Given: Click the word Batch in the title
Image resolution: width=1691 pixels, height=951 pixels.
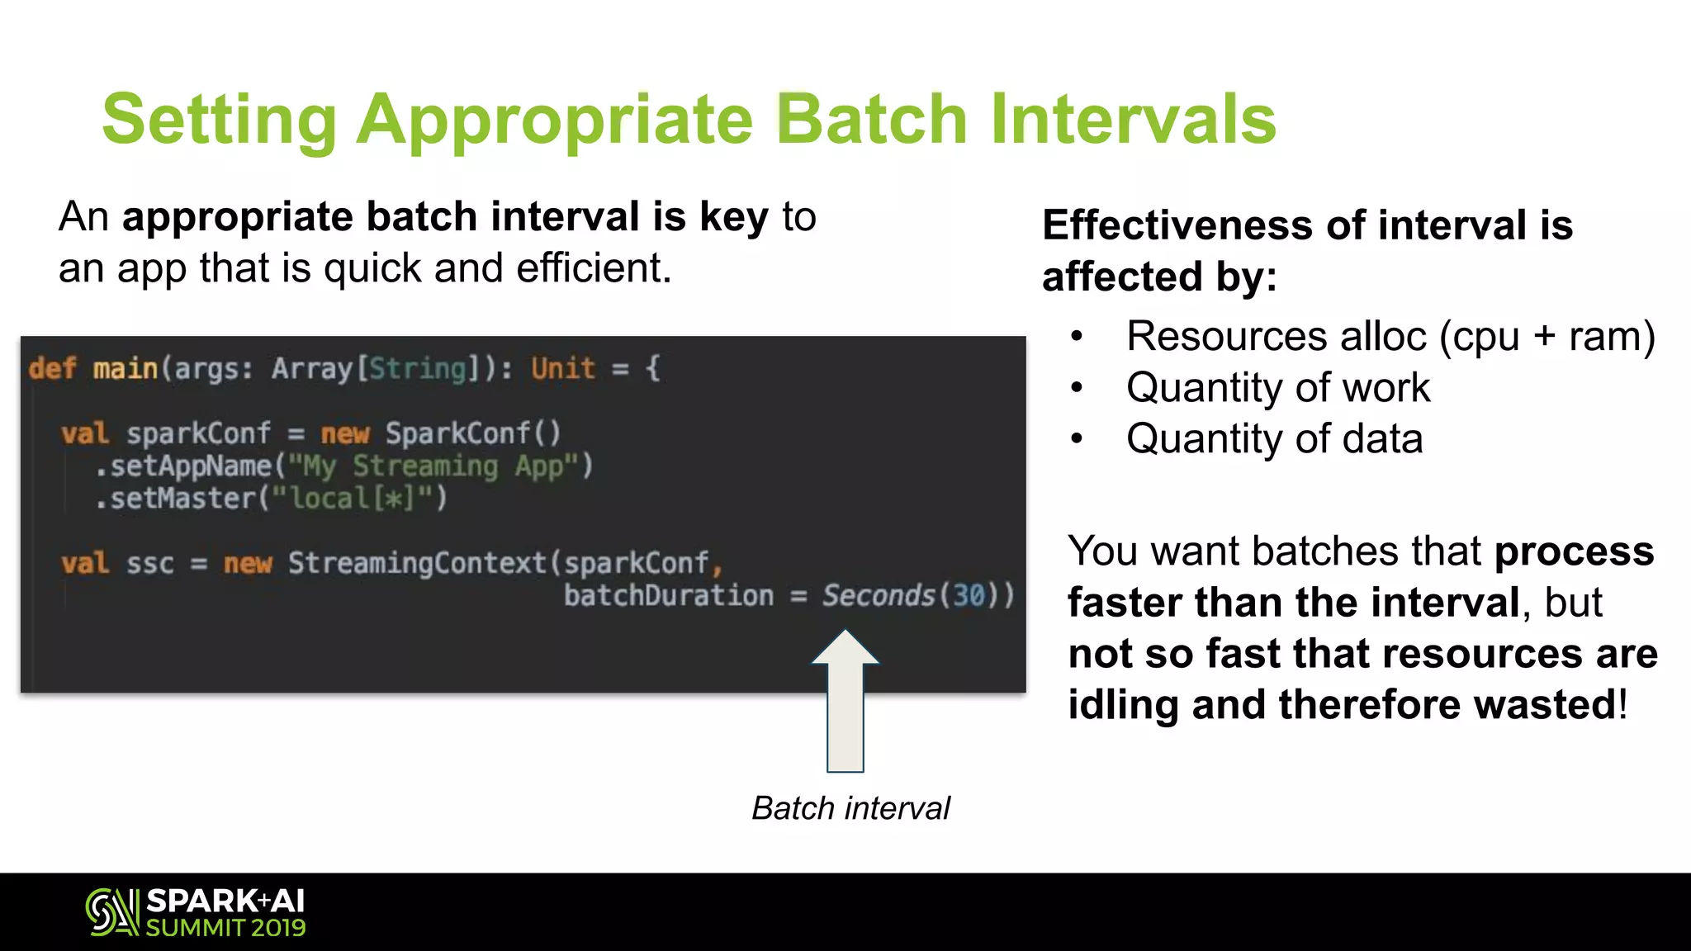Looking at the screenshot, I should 871,120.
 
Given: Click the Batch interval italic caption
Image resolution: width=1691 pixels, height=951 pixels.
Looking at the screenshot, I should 850,808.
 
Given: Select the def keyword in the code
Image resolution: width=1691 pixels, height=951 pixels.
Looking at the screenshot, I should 51,368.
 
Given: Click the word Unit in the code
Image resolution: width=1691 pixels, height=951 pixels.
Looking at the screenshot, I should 562,368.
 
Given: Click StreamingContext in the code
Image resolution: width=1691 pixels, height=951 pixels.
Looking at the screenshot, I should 417,564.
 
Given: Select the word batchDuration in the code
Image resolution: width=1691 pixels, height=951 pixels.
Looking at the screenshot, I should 669,595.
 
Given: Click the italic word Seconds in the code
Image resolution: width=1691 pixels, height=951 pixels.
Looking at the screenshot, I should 878,595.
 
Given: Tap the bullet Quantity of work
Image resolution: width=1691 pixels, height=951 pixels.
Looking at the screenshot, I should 1277,388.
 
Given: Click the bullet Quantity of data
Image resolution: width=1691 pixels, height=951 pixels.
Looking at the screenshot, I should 1274,439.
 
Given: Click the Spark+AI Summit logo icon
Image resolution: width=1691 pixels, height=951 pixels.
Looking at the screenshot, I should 112,912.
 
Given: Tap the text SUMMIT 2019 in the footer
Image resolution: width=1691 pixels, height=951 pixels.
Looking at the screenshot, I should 225,928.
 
